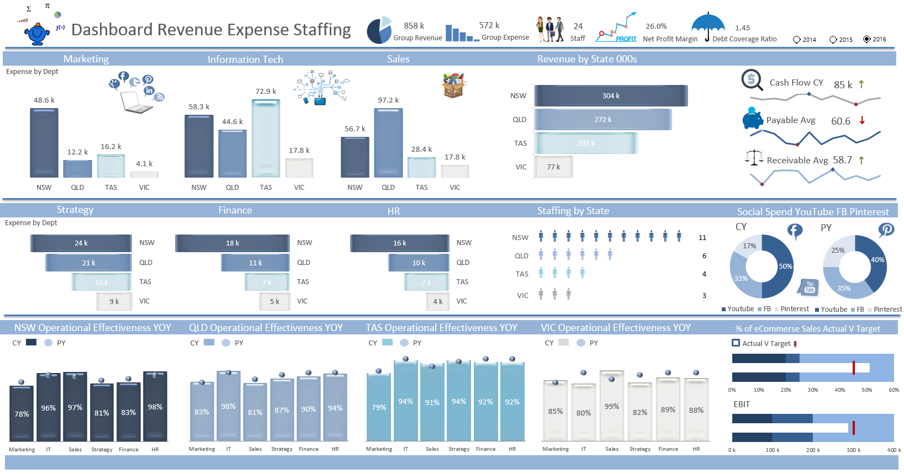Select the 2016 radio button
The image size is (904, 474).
pos(867,39)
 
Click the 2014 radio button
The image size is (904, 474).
pos(796,40)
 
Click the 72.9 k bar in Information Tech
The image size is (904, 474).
pos(266,138)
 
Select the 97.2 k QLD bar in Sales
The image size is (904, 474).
pos(388,142)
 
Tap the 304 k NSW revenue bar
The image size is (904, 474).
pos(611,95)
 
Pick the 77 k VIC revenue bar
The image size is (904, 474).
pos(553,167)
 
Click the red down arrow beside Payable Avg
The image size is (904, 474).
pos(862,120)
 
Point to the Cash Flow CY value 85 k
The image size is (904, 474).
pos(843,84)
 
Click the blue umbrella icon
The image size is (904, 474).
pos(708,25)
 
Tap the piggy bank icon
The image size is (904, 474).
pos(752,118)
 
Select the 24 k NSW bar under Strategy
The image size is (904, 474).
pos(81,243)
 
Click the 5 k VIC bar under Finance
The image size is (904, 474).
pos(274,301)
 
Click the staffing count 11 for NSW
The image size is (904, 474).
pos(702,238)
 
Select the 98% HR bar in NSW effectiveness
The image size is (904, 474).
pos(155,407)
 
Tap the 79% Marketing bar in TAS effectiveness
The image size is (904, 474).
pos(379,407)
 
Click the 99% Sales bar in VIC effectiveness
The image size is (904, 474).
pos(612,406)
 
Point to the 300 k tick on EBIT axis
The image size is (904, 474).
pos(852,450)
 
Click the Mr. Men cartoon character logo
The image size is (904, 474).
pos(37,33)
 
